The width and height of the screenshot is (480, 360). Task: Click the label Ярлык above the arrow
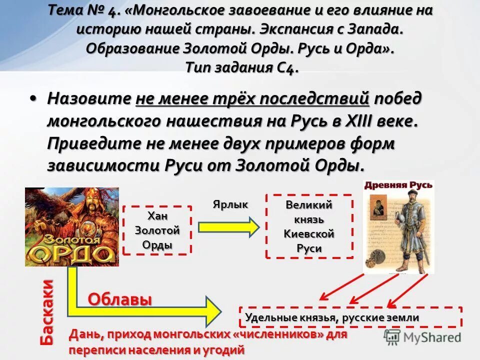(x=230, y=204)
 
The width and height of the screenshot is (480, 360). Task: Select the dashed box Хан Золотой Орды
(x=157, y=230)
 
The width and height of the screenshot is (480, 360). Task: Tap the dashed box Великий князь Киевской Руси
(x=309, y=226)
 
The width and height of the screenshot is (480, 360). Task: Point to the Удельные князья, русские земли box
(x=350, y=317)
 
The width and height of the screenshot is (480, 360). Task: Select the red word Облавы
(x=120, y=299)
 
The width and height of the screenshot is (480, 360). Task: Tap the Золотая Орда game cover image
(x=72, y=226)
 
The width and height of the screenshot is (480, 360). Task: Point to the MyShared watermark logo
(x=422, y=337)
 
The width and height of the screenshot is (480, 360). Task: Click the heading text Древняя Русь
(x=398, y=186)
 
